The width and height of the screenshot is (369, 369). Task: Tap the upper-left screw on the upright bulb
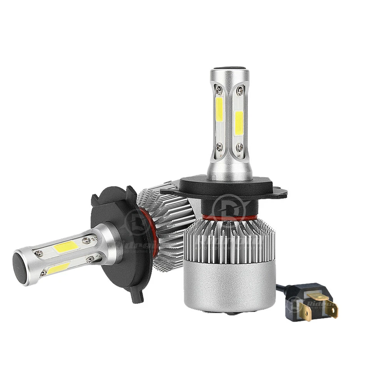click(218, 91)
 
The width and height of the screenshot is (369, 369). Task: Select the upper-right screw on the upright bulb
click(240, 91)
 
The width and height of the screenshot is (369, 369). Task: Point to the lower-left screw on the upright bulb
click(219, 146)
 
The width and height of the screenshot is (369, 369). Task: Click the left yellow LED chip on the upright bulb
click(219, 108)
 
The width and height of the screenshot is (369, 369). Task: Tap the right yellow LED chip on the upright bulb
click(238, 123)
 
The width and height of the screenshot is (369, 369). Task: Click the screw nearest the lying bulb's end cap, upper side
click(38, 253)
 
